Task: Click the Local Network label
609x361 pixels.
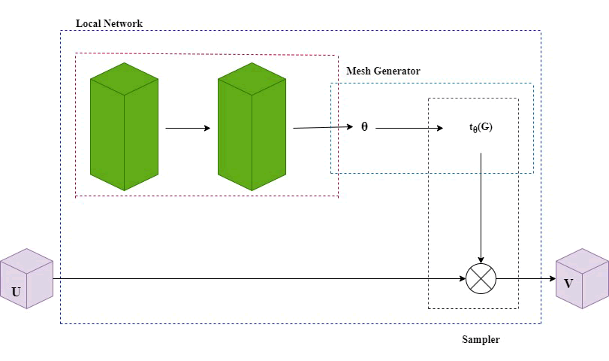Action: (x=109, y=23)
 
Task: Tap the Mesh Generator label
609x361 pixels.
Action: (x=383, y=71)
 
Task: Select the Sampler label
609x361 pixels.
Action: (x=481, y=340)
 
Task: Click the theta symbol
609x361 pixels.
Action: (x=365, y=127)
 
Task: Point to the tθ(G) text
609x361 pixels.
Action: (x=481, y=128)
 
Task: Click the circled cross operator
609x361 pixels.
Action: (x=481, y=279)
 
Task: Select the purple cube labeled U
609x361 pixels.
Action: (x=26, y=278)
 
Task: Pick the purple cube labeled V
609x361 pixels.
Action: (x=582, y=278)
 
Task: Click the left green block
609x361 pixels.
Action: (x=124, y=126)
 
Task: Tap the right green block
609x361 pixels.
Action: (x=252, y=126)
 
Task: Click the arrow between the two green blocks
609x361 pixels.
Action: (x=188, y=128)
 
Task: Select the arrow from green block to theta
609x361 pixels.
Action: (x=323, y=128)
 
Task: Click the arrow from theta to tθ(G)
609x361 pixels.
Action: (x=410, y=129)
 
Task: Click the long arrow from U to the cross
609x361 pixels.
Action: (x=255, y=279)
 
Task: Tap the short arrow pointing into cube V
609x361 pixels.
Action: (x=526, y=279)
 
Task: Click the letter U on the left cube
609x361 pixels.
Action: (x=17, y=291)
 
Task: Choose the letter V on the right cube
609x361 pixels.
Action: (x=568, y=284)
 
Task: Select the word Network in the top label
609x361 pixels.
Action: (x=123, y=23)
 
